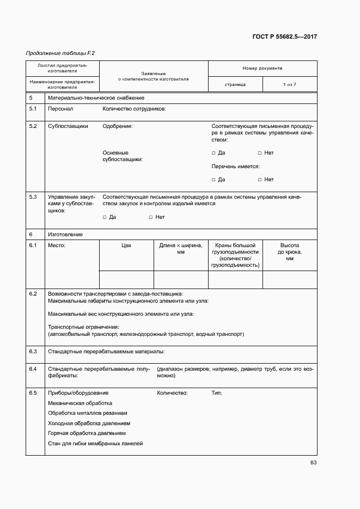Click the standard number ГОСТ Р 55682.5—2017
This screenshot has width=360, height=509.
pos(285,37)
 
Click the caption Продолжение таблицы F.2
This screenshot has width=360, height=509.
pos(60,53)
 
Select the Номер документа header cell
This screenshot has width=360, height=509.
pos(262,69)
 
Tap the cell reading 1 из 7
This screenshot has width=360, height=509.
pos(289,84)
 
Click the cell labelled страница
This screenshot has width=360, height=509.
pos(235,84)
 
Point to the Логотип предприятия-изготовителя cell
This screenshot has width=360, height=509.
pos(62,68)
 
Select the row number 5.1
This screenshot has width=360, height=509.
pos(33,109)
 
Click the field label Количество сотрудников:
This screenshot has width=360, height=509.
pos(134,109)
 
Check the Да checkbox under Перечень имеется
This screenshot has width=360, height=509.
pos(213,180)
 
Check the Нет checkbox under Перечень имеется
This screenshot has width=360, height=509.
pos(260,180)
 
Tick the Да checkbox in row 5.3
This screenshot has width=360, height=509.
pos(105,217)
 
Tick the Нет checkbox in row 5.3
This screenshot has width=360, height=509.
pos(151,217)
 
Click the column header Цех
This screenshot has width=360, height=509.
pos(126,246)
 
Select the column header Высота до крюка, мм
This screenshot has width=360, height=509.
pos(289,252)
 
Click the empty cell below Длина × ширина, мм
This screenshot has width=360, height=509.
pos(181,279)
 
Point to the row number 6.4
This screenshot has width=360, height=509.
pos(33,369)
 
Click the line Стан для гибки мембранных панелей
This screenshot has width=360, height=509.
pos(95,444)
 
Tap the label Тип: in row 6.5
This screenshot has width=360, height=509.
pos(217,393)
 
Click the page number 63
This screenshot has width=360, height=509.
pos(313,463)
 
